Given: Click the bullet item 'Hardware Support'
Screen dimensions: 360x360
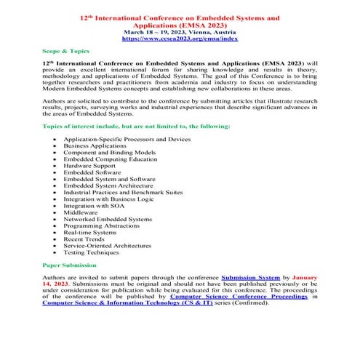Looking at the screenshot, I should click(89, 165).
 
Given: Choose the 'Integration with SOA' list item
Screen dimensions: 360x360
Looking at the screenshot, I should click(93, 205).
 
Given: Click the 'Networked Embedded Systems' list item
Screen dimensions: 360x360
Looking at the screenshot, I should click(108, 218).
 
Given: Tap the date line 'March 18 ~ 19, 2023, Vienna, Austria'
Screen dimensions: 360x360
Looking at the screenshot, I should click(179, 32).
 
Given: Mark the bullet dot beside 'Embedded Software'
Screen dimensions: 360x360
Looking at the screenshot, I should click(55, 172).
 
